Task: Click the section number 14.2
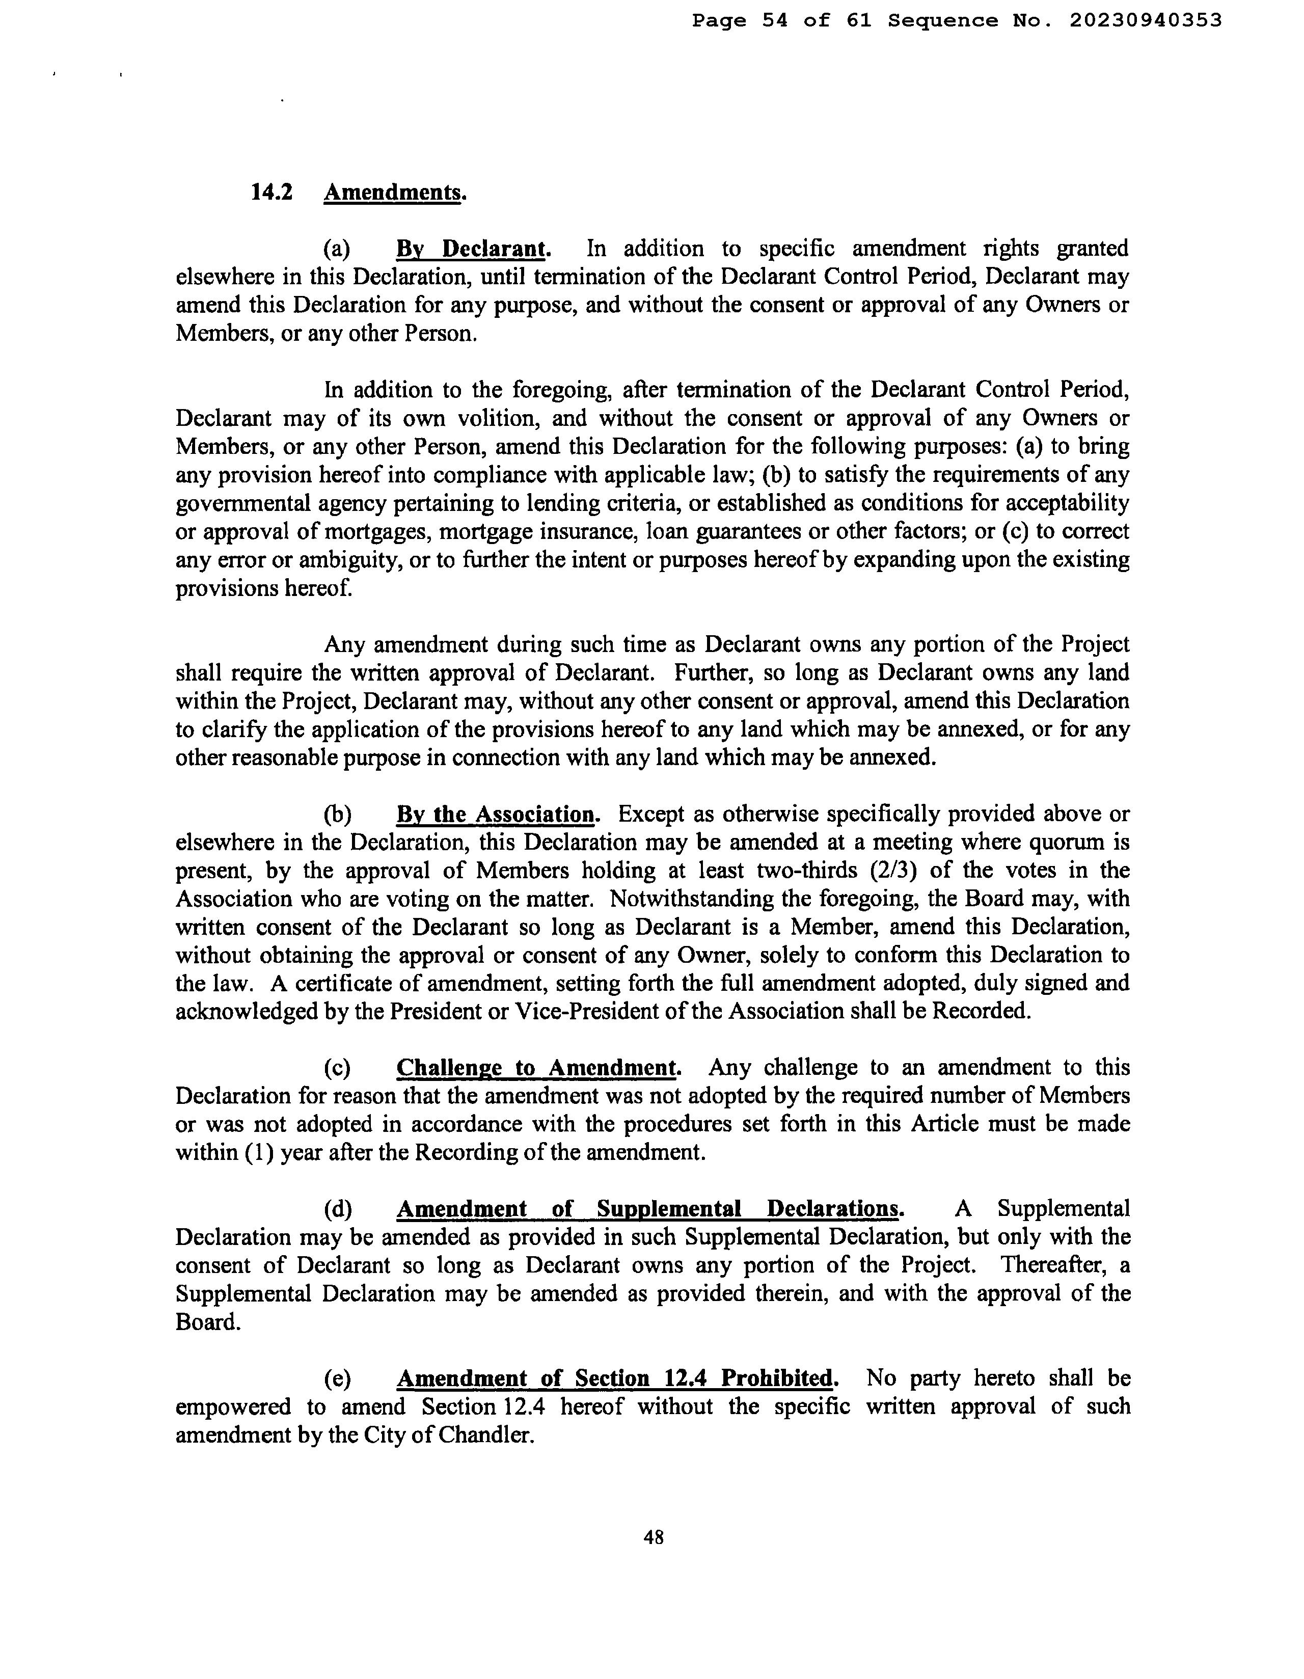coord(271,192)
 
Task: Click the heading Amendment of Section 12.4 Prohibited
coord(617,1378)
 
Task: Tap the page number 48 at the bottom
coord(654,1537)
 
